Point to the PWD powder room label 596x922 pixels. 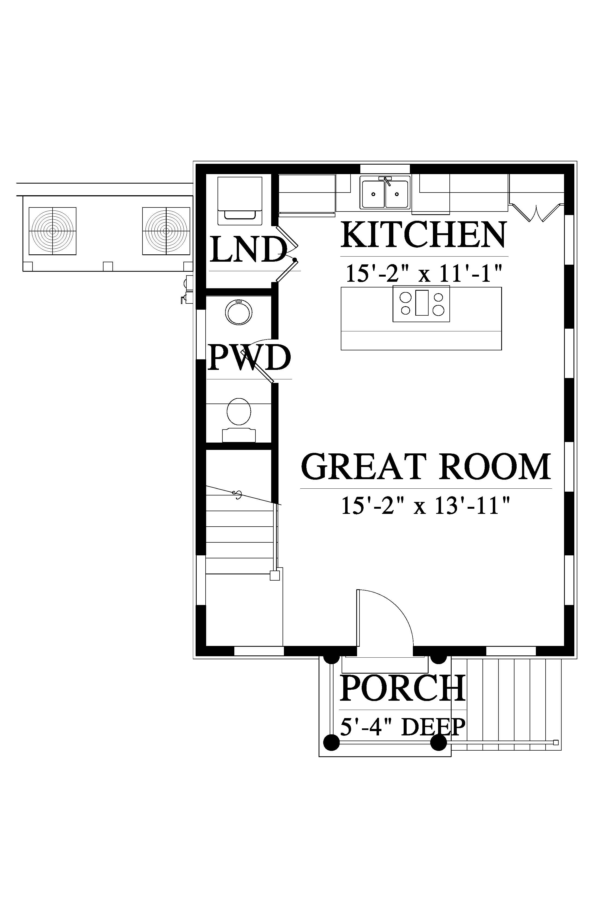click(249, 358)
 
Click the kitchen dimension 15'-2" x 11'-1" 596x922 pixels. click(423, 274)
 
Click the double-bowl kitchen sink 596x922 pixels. click(385, 193)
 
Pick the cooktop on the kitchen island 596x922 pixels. click(421, 303)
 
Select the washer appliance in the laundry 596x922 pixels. click(240, 201)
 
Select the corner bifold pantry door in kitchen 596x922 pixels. click(536, 212)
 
